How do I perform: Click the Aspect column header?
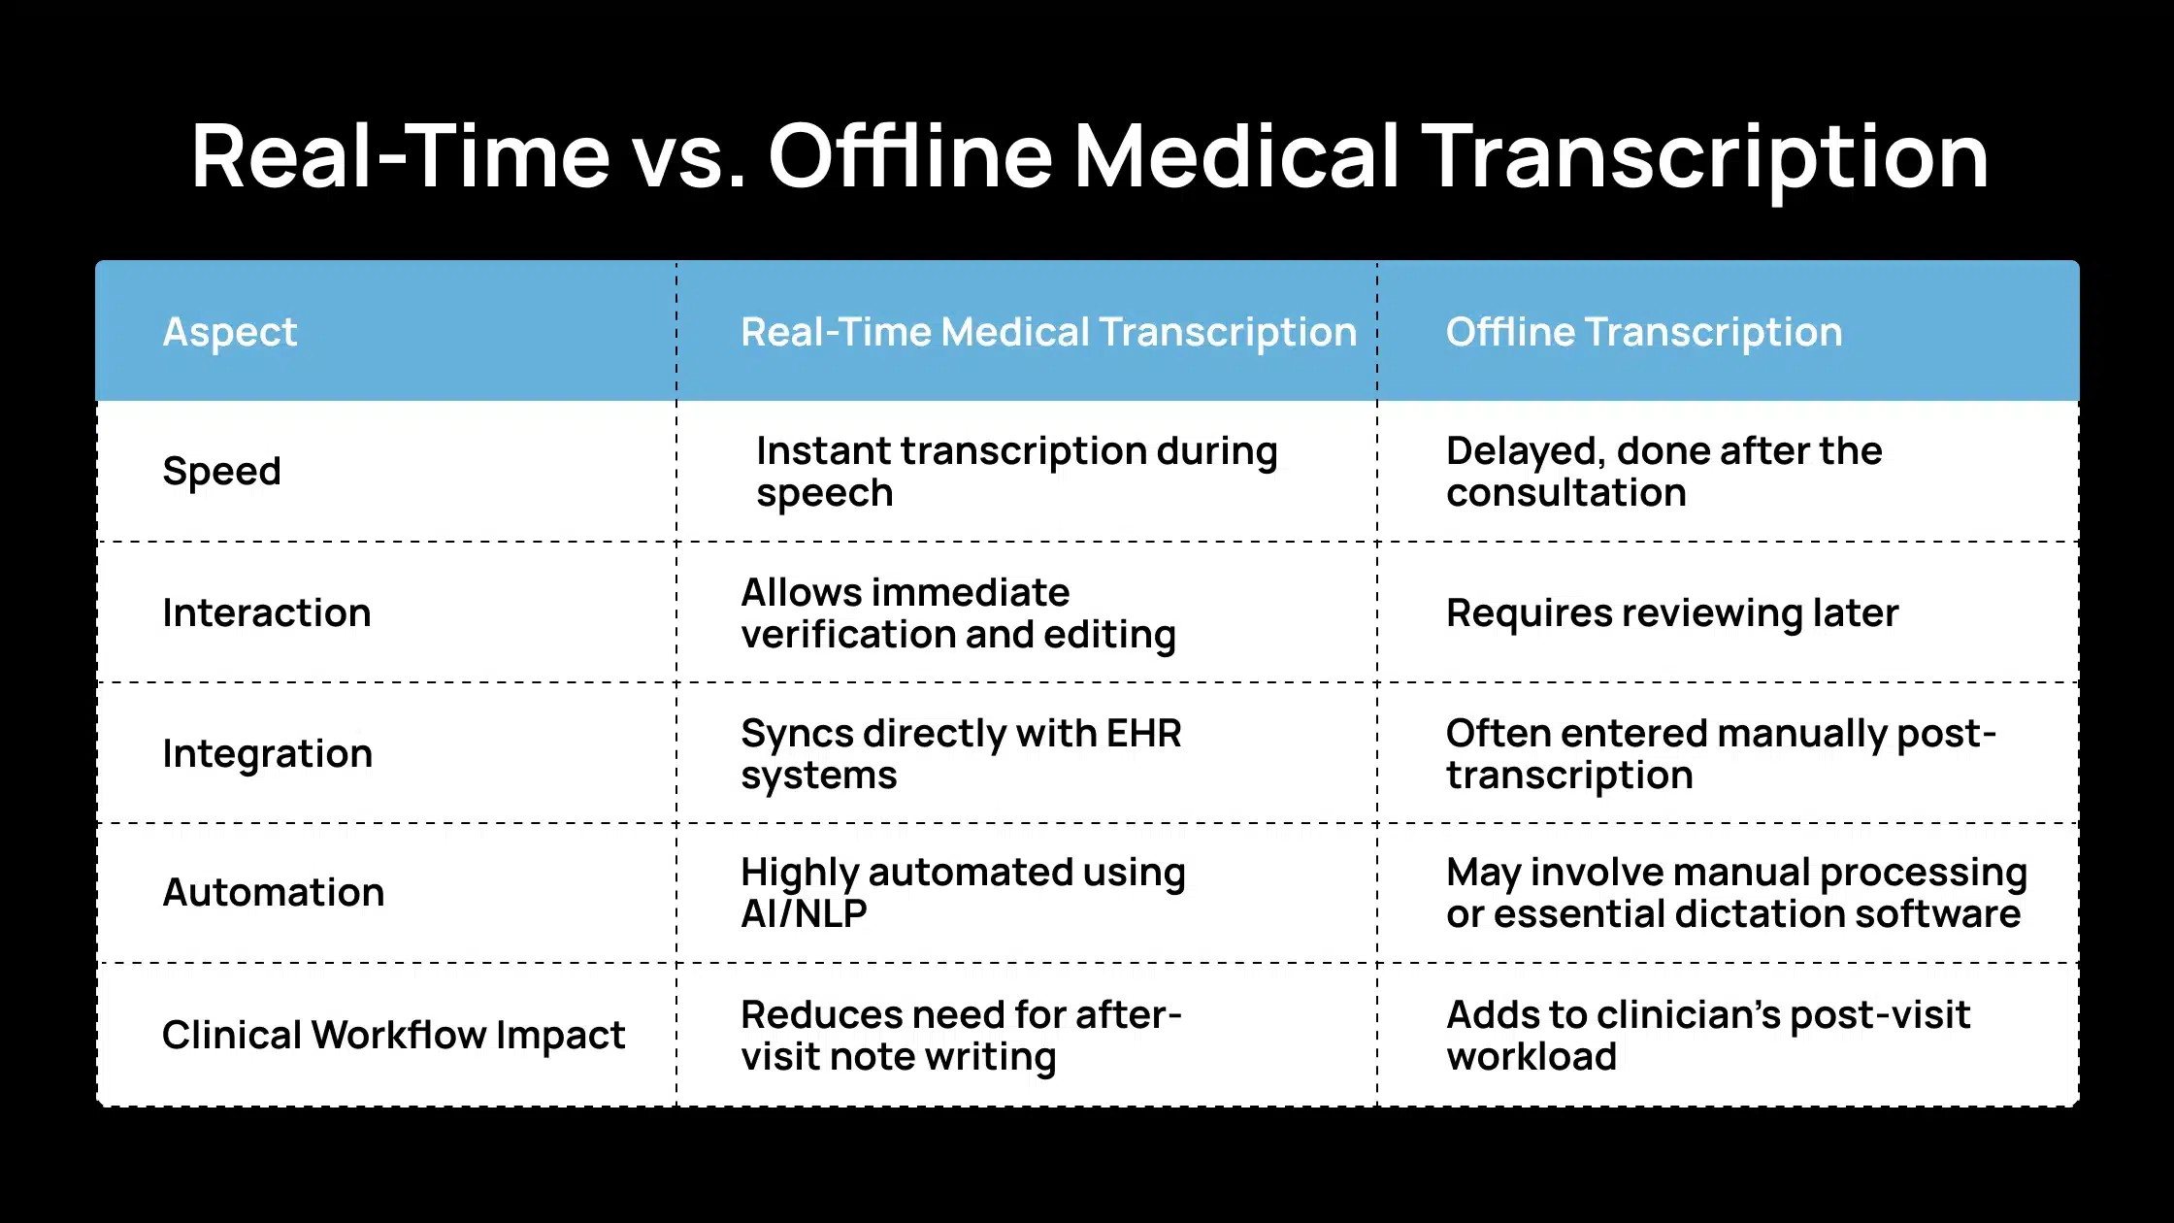[x=229, y=333]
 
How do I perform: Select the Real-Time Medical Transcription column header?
[x=1048, y=332]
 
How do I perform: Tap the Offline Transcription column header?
[x=1643, y=332]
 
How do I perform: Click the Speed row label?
[x=221, y=472]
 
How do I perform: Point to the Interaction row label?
[x=267, y=612]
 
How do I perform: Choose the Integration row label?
[x=267, y=754]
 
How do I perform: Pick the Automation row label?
[x=273, y=892]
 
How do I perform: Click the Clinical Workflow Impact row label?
[x=393, y=1035]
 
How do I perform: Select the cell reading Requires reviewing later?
[x=1671, y=613]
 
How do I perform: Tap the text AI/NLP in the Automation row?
[x=804, y=913]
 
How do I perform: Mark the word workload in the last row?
[x=1532, y=1056]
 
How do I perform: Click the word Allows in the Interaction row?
[x=802, y=592]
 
